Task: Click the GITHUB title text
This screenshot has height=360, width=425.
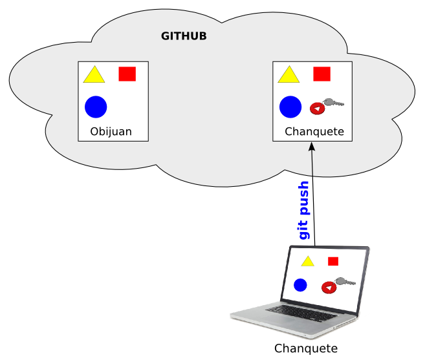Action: [x=184, y=36]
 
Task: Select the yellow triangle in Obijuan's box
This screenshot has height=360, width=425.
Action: [x=94, y=76]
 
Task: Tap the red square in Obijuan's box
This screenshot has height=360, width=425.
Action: [x=127, y=74]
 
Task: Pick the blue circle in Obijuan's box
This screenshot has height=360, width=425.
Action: [x=96, y=107]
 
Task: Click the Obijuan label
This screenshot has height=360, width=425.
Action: [x=111, y=132]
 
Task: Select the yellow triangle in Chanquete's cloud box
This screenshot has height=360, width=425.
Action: [x=289, y=76]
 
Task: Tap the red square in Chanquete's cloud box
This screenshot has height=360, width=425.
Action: [x=321, y=74]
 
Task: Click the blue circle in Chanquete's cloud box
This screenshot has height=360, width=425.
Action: [x=290, y=107]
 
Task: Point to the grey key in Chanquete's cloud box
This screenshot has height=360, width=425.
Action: [x=334, y=102]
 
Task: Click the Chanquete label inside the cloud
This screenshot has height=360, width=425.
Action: [x=314, y=132]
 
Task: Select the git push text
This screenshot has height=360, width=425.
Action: [x=304, y=210]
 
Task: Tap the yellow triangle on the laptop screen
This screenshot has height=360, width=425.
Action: [x=307, y=262]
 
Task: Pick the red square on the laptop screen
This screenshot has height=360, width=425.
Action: [x=333, y=261]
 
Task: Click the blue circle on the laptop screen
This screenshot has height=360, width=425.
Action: [x=300, y=284]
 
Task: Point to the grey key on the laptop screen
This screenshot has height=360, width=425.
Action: [x=345, y=281]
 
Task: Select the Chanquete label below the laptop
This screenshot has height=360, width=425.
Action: [x=306, y=348]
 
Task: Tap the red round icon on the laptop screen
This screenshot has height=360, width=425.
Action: [x=329, y=287]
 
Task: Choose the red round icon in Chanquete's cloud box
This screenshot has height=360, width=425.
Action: [x=317, y=109]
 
